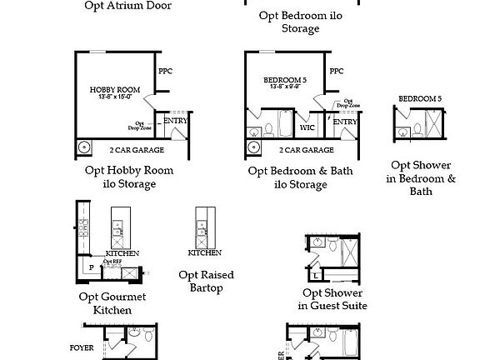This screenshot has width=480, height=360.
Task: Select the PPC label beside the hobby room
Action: tap(164, 71)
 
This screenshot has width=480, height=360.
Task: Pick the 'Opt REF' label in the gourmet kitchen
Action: tap(112, 262)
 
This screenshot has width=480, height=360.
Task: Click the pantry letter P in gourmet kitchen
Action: tap(91, 268)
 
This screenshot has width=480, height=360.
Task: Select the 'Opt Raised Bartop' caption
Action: tap(206, 282)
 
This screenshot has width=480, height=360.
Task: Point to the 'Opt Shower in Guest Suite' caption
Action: tap(332, 299)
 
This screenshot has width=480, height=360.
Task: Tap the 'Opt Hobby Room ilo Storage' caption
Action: tap(130, 177)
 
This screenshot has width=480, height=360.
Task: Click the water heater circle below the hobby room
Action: tap(84, 147)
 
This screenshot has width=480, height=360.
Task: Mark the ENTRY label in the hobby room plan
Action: tap(175, 121)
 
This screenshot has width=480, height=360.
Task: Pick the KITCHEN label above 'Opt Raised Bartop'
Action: tap(204, 252)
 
